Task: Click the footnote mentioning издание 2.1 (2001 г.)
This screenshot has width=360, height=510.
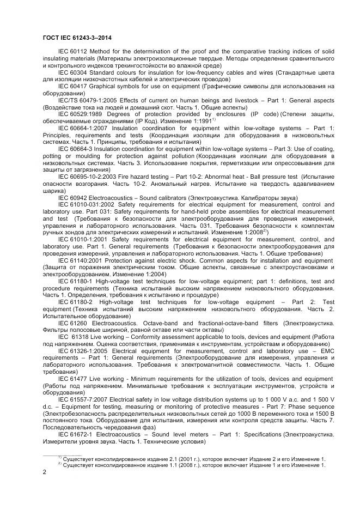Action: tap(193, 459)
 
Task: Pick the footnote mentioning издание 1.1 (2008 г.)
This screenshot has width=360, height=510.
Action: tap(193, 465)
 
